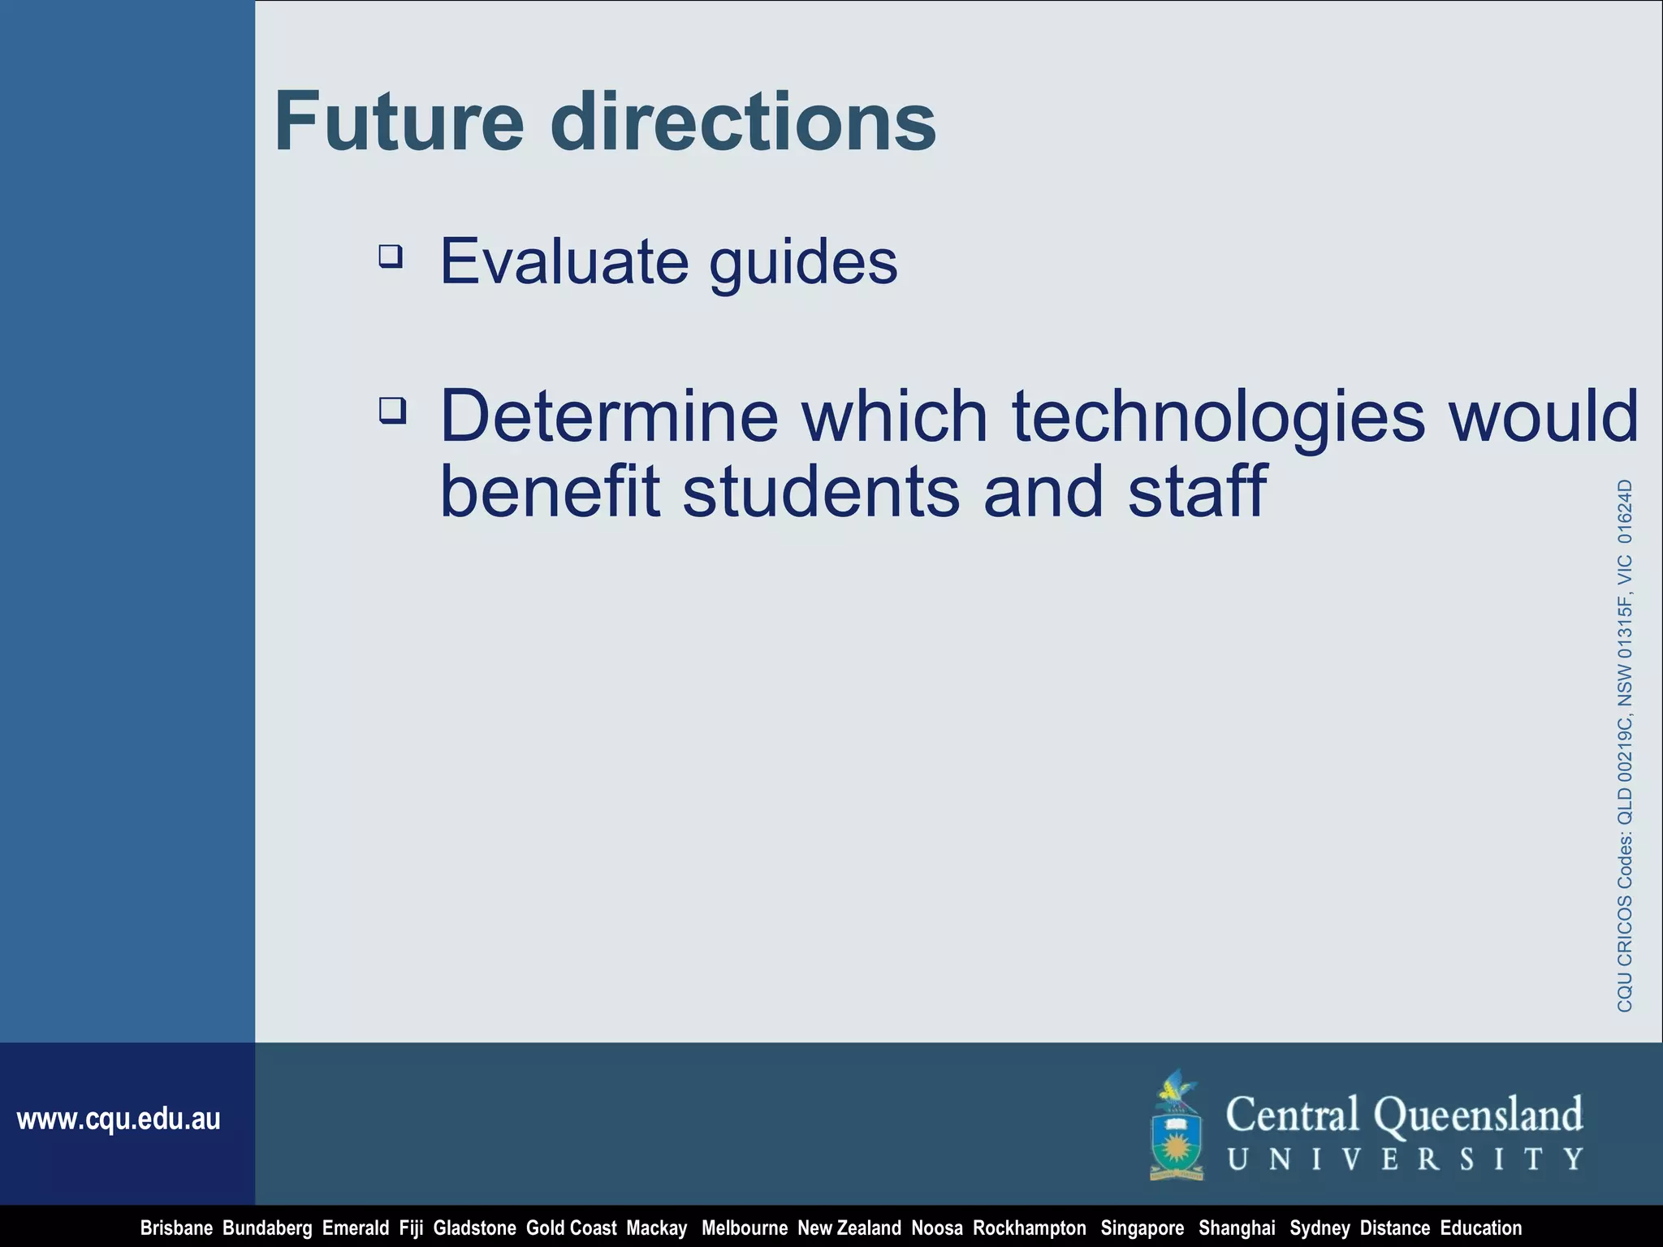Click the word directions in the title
[743, 122]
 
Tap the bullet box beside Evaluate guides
[391, 257]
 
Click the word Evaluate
[564, 261]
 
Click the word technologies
[1218, 417]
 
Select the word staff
[1197, 491]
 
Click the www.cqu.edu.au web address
[119, 1120]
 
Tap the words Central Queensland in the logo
[1404, 1115]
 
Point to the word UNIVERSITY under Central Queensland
[1404, 1159]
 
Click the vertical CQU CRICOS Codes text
[1625, 745]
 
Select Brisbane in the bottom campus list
[176, 1228]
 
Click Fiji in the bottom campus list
[411, 1228]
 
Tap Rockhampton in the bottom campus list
[1029, 1228]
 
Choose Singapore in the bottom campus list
[1142, 1228]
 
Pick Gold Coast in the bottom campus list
[571, 1228]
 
